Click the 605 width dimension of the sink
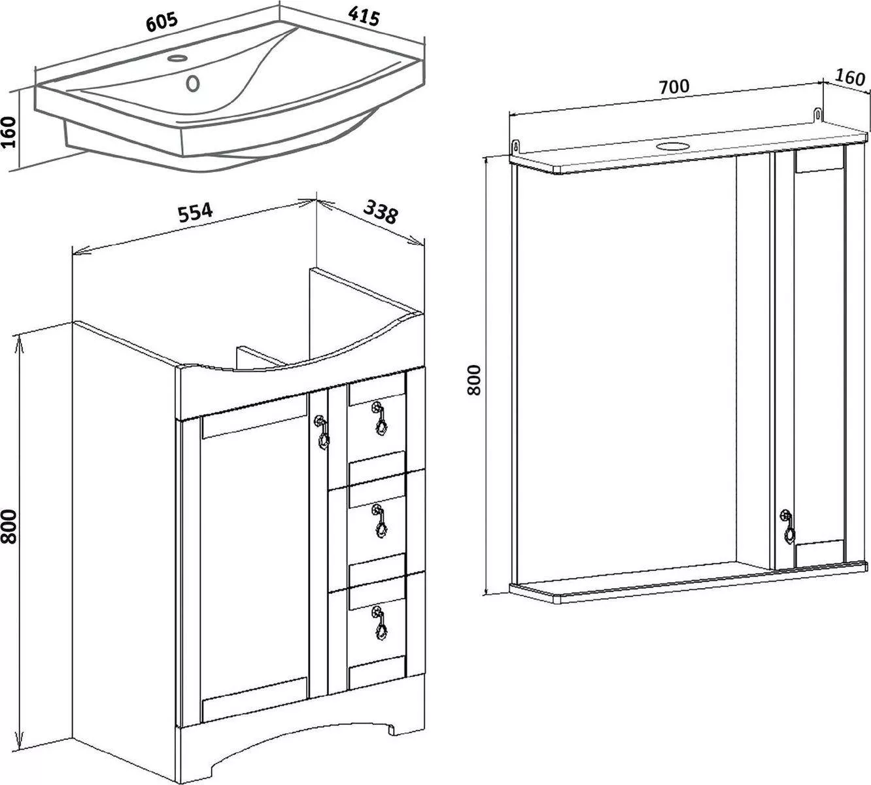pos(162,22)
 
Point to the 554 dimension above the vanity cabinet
pos(196,212)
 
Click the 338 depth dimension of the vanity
pos(380,211)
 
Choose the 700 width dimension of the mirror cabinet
pos(674,99)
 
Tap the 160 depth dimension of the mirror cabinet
pos(849,78)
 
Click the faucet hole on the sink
pos(177,58)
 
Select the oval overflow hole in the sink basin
pos(192,84)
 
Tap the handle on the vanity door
pos(322,434)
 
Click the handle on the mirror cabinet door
pos(788,527)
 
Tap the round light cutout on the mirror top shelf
pos(672,145)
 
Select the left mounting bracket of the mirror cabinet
pos(515,145)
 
